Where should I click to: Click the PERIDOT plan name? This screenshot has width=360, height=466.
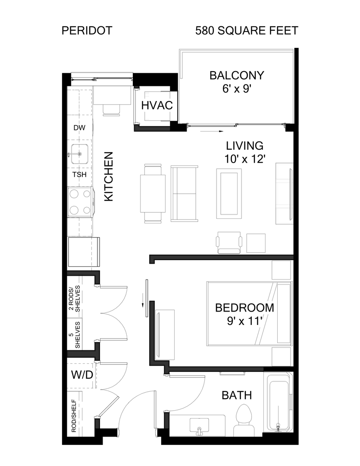pos(87,31)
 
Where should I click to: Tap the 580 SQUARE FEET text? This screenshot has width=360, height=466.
pos(246,31)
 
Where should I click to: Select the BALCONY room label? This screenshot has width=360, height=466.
pos(236,76)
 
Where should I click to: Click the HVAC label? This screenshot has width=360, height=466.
pos(157,105)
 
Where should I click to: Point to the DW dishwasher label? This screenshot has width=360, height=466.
pos(79,128)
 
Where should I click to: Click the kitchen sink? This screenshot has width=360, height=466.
pos(80,154)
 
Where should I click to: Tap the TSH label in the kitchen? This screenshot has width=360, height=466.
pos(79,175)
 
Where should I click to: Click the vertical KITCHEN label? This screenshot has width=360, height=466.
pos(109,176)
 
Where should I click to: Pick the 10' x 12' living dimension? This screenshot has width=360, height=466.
pos(244,158)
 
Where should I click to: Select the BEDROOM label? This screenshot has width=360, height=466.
pos(244,308)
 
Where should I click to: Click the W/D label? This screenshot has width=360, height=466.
pos(82,375)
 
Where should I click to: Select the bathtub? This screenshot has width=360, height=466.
pos(279,402)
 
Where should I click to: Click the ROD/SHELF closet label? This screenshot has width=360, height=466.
pos(74,416)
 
